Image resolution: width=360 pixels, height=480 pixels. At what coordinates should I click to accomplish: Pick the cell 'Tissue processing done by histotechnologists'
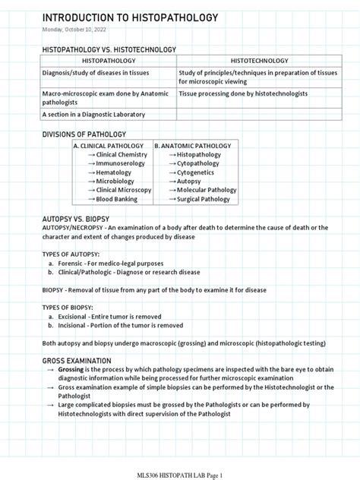click(x=242, y=93)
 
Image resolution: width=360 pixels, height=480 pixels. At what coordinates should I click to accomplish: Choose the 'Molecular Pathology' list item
click(x=210, y=191)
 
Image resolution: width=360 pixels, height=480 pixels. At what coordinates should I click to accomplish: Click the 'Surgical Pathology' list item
click(x=208, y=200)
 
